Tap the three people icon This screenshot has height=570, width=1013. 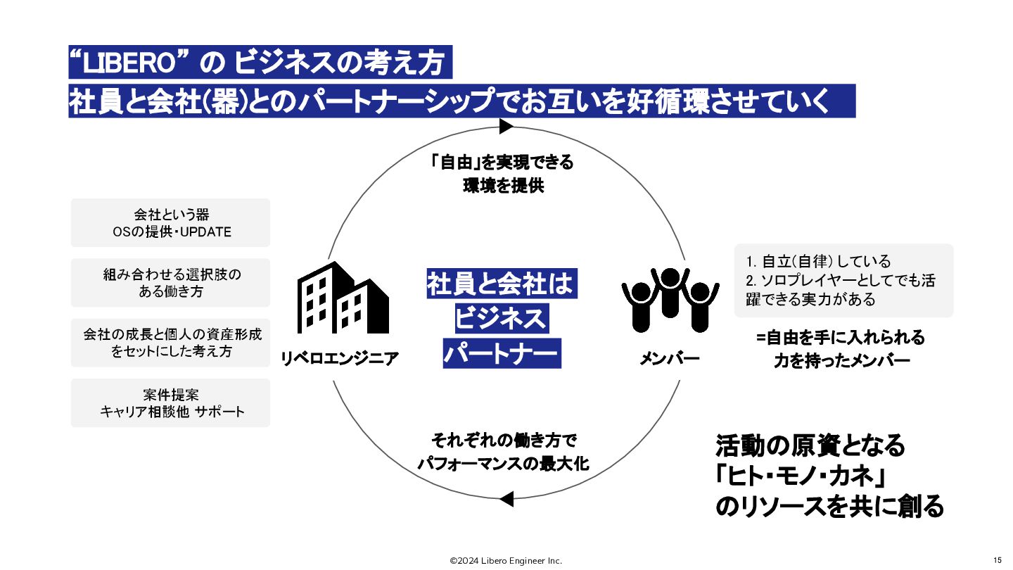point(670,299)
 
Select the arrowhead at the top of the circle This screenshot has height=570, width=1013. point(506,127)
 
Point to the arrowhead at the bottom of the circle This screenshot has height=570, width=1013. point(506,499)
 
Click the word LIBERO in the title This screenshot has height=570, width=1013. point(134,65)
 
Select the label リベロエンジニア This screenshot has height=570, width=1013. point(340,358)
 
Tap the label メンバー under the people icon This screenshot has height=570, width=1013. point(670,358)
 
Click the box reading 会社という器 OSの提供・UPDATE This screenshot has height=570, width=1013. point(170,222)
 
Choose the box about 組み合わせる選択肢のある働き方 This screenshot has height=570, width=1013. point(170,282)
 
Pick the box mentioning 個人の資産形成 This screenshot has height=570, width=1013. point(170,342)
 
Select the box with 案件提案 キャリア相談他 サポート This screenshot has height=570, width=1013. point(170,403)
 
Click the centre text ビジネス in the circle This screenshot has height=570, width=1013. point(501,319)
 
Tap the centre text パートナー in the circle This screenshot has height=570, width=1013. point(501,353)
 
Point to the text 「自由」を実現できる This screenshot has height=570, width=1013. point(502,163)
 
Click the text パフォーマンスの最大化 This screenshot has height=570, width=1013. point(502,464)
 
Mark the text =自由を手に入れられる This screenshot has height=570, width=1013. point(841,338)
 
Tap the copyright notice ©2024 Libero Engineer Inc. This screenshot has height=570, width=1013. point(506,561)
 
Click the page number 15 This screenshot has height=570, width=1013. point(997,560)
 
